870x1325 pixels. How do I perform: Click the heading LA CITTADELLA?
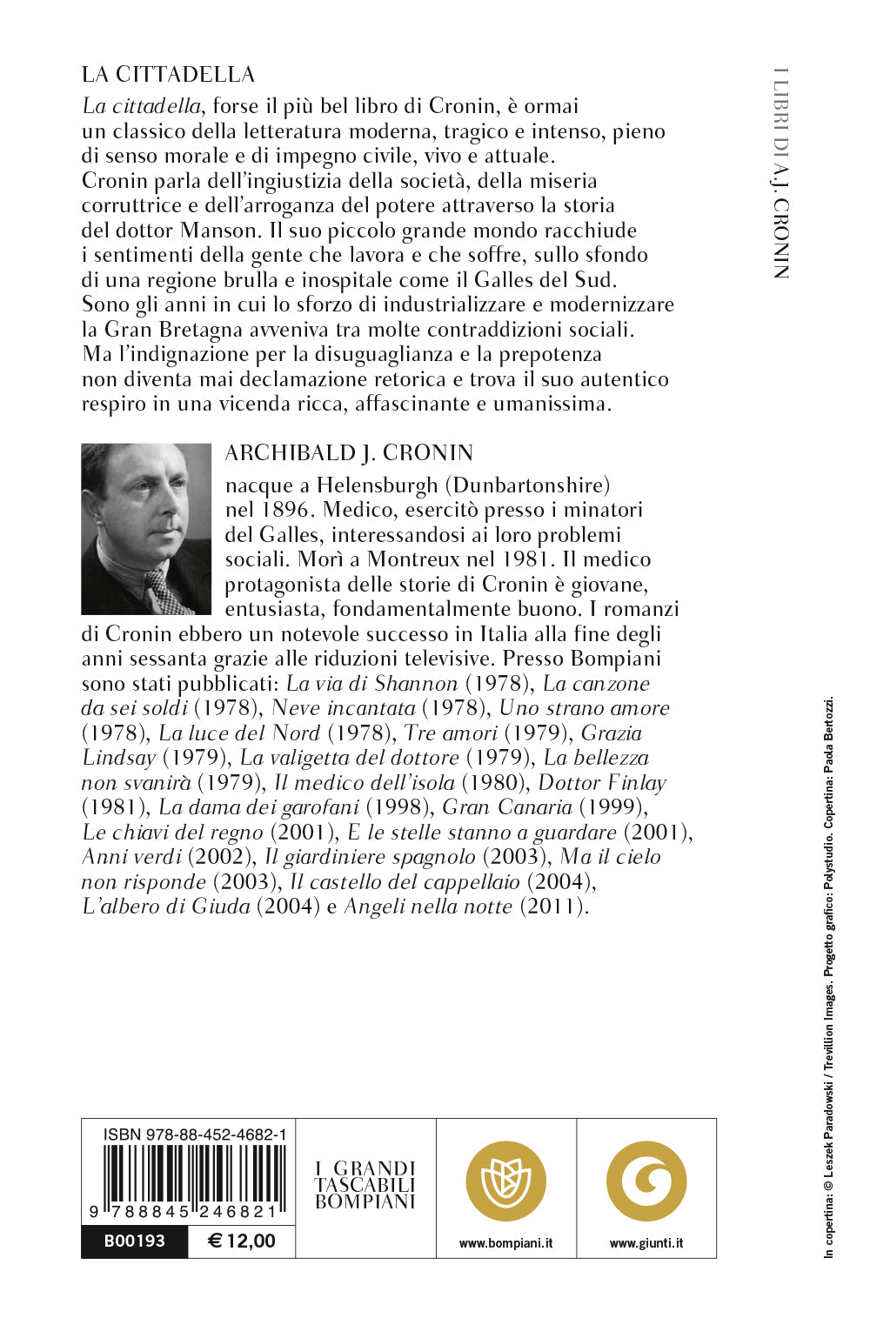(x=168, y=74)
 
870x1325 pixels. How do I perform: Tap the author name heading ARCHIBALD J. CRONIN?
(x=349, y=453)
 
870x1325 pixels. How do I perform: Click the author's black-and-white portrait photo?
(x=146, y=529)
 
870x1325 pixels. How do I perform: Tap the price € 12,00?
(x=242, y=1241)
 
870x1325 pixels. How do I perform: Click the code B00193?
(x=134, y=1241)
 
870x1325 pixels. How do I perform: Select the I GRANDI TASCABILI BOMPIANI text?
(x=365, y=1185)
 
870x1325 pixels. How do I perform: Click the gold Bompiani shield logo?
(x=505, y=1181)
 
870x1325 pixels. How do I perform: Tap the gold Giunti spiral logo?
(x=646, y=1181)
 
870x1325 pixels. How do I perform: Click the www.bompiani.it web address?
(x=505, y=1243)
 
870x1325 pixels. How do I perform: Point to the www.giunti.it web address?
(x=646, y=1243)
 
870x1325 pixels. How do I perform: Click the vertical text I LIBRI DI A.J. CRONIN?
(x=780, y=173)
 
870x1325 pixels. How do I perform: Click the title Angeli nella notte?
(x=428, y=907)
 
